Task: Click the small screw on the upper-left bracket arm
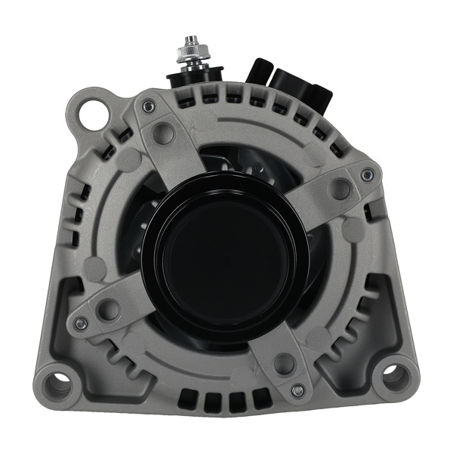pos(149,107)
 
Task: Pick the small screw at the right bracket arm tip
pos(367,175)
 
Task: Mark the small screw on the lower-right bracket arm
pos(297,390)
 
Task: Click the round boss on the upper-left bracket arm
pos(162,134)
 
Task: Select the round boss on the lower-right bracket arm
pos(285,363)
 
